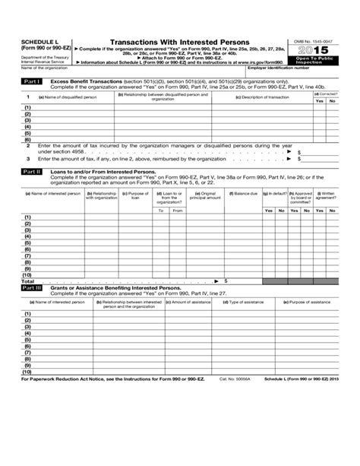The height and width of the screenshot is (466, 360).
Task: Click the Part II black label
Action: coord(33,172)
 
